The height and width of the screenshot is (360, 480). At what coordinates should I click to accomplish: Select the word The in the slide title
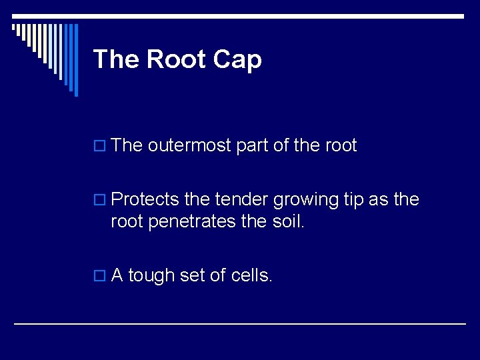[117, 59]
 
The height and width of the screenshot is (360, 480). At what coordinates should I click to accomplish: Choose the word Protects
[145, 200]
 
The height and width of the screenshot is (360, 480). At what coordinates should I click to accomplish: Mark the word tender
[241, 200]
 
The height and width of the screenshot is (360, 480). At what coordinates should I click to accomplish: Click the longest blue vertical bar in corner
[75, 60]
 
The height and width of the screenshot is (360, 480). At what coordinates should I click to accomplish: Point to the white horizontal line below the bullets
[240, 323]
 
